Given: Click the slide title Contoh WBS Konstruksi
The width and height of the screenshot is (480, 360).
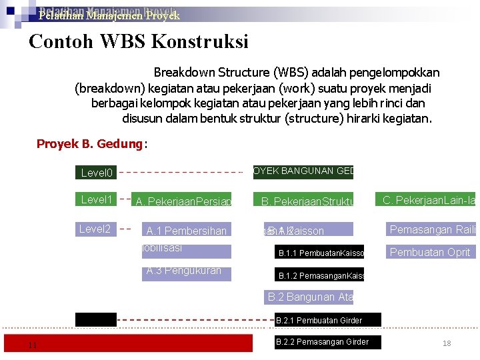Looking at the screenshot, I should click(x=139, y=42).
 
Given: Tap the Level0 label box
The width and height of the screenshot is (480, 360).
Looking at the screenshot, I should click(x=96, y=173).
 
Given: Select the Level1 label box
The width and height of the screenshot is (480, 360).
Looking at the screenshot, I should click(x=96, y=199).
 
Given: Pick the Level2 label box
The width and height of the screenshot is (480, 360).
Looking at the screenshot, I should click(x=96, y=229).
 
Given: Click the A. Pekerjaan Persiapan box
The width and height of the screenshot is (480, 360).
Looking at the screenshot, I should click(x=183, y=201).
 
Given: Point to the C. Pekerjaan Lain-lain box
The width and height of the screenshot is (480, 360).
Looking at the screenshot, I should click(x=429, y=199).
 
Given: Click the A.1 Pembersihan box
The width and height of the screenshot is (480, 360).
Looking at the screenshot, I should click(x=187, y=231).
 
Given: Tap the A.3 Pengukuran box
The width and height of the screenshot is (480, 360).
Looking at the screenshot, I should click(x=187, y=273).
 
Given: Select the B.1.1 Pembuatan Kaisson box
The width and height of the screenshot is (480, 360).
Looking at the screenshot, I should click(x=321, y=253).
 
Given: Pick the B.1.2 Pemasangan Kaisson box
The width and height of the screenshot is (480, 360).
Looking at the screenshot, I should click(x=321, y=275).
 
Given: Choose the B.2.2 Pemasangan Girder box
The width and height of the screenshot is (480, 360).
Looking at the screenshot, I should click(x=322, y=342).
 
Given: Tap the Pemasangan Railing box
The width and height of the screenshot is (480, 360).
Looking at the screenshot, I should click(x=432, y=230).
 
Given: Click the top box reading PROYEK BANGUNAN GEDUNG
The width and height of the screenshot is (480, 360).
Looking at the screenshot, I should click(x=303, y=172).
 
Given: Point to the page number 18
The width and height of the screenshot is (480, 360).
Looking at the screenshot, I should click(x=447, y=343).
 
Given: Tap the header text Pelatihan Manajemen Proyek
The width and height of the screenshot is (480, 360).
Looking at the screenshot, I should click(x=109, y=15).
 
